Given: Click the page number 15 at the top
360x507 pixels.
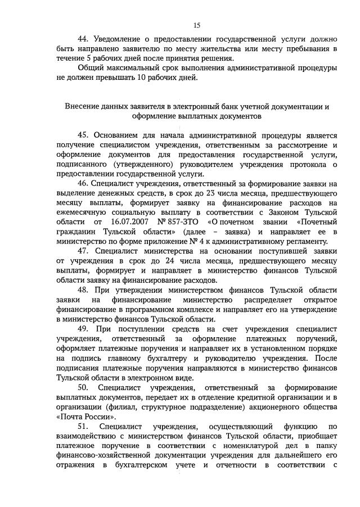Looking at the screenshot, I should pyautogui.click(x=197, y=25).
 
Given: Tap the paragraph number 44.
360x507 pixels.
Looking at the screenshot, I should pyautogui.click(x=84, y=39).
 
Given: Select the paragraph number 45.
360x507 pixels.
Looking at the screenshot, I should pyautogui.click(x=84, y=135).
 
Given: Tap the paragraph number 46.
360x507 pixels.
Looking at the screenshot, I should pyautogui.click(x=84, y=184).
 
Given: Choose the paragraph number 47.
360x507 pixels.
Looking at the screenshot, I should pyautogui.click(x=84, y=251).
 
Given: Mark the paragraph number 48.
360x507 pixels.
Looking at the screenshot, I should pyautogui.click(x=84, y=290).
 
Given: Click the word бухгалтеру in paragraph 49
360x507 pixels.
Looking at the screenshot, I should pyautogui.click(x=193, y=357).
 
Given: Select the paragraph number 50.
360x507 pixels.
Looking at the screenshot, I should pyautogui.click(x=84, y=387).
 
